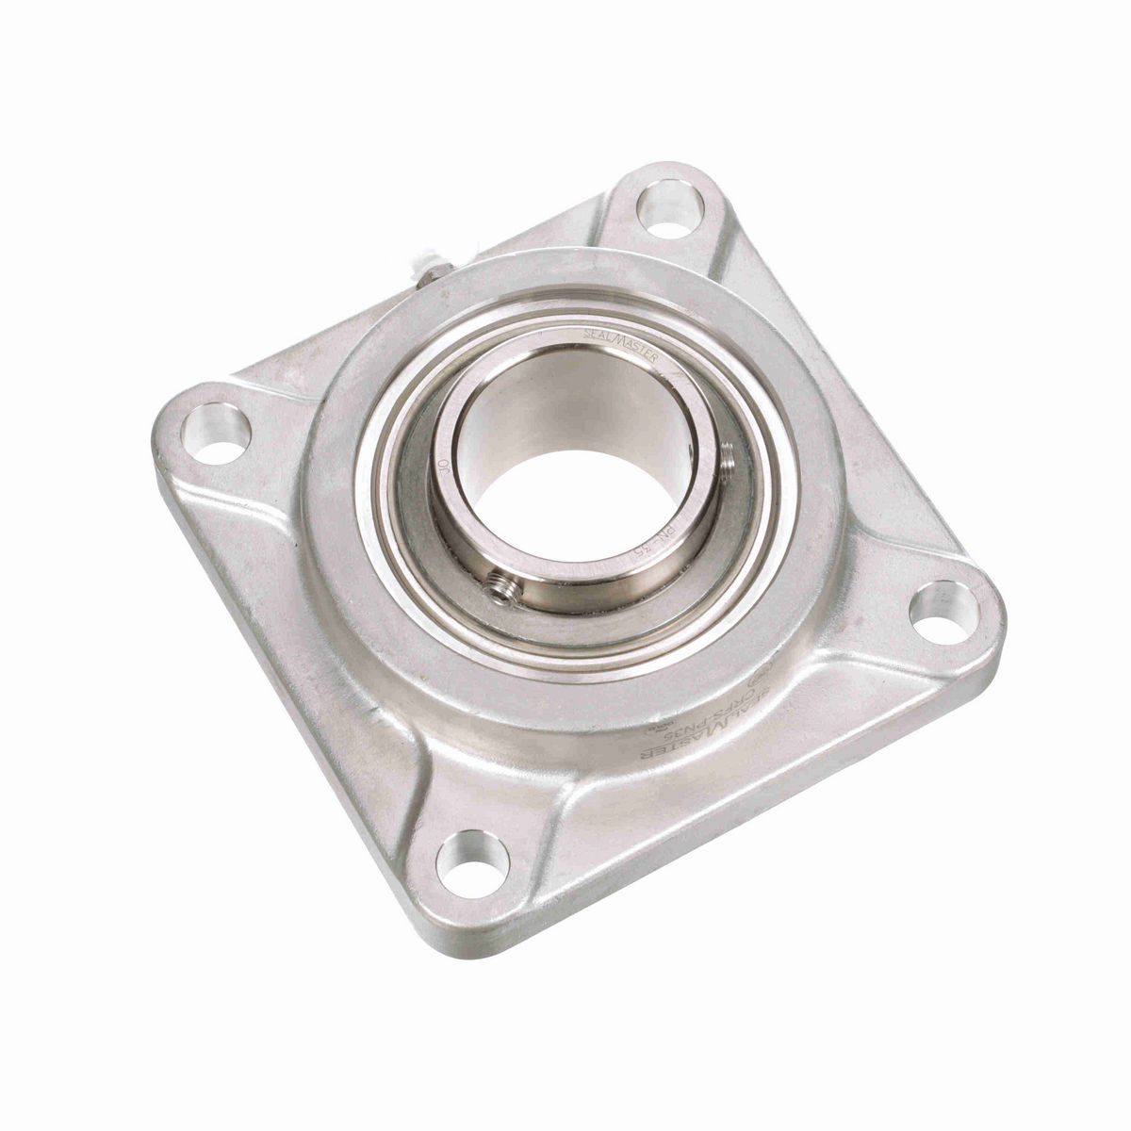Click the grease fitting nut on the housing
pos(429,274)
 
